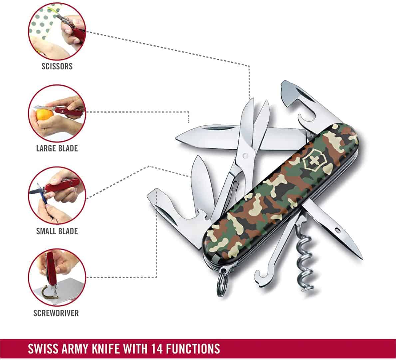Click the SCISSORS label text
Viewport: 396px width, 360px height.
click(57, 66)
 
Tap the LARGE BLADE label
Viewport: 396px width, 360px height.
click(57, 148)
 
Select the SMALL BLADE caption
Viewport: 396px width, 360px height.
click(57, 231)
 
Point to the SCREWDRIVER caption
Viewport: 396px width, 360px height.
click(56, 313)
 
